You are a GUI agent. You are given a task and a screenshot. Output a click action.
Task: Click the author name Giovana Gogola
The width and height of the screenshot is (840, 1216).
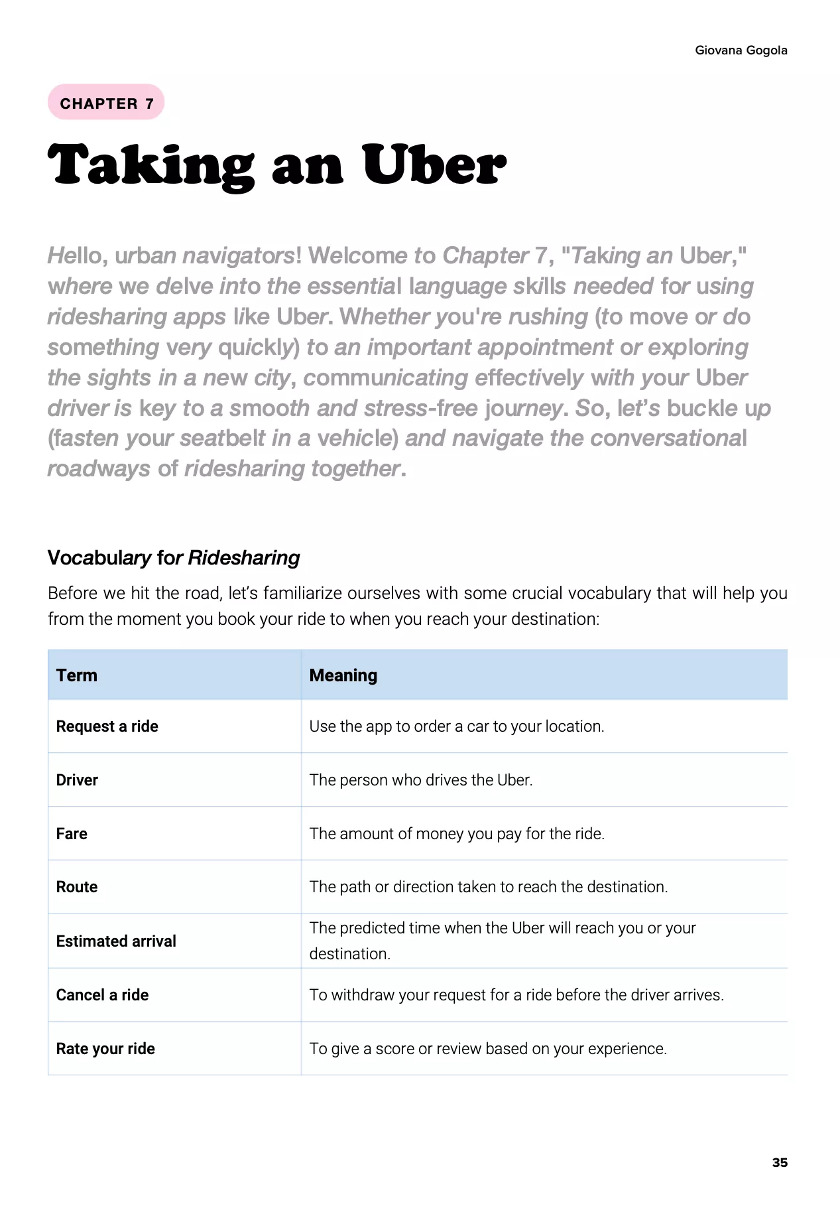coord(741,50)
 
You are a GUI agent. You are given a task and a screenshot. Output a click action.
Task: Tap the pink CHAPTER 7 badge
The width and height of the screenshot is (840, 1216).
coord(106,103)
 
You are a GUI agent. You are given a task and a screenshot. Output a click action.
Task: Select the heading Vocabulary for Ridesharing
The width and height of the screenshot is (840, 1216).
coord(174,557)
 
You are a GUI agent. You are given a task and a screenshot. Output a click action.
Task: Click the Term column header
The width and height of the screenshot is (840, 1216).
coord(77,675)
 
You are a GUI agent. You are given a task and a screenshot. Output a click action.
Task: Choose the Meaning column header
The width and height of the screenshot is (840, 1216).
coord(343,675)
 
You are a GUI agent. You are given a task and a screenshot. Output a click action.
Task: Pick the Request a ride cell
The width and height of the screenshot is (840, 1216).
coord(107,726)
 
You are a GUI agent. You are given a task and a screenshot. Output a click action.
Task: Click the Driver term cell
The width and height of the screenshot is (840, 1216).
coord(77,780)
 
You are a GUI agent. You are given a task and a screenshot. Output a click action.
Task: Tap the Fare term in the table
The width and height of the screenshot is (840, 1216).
coord(72,834)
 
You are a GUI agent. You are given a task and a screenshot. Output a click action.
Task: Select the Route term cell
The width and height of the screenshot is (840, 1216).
coord(77,887)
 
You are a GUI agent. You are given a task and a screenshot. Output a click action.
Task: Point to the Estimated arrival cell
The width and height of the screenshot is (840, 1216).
coord(116,941)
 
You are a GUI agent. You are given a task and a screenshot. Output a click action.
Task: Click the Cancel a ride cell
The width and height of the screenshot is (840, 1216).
coord(102,995)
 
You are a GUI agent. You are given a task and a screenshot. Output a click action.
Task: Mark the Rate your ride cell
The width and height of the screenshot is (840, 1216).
coord(105,1049)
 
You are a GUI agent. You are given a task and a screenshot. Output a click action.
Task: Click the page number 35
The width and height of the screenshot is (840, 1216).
coord(780,1162)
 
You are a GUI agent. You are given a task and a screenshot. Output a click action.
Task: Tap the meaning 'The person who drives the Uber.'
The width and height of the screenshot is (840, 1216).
coord(421,780)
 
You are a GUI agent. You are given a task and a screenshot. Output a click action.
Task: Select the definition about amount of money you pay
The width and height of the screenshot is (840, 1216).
coord(457,834)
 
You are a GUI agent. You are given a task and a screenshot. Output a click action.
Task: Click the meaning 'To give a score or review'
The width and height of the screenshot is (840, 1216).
coord(488,1049)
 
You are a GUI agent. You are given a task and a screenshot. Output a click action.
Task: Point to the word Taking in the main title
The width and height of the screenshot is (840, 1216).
coord(151,166)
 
